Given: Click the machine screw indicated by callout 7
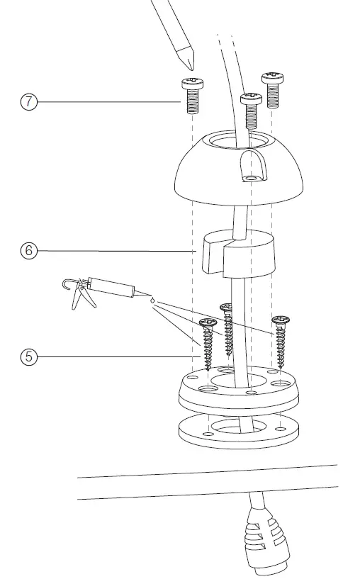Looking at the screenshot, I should (x=191, y=95).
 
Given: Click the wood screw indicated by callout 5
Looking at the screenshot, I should (x=208, y=343).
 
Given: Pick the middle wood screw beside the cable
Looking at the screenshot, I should (x=227, y=329).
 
